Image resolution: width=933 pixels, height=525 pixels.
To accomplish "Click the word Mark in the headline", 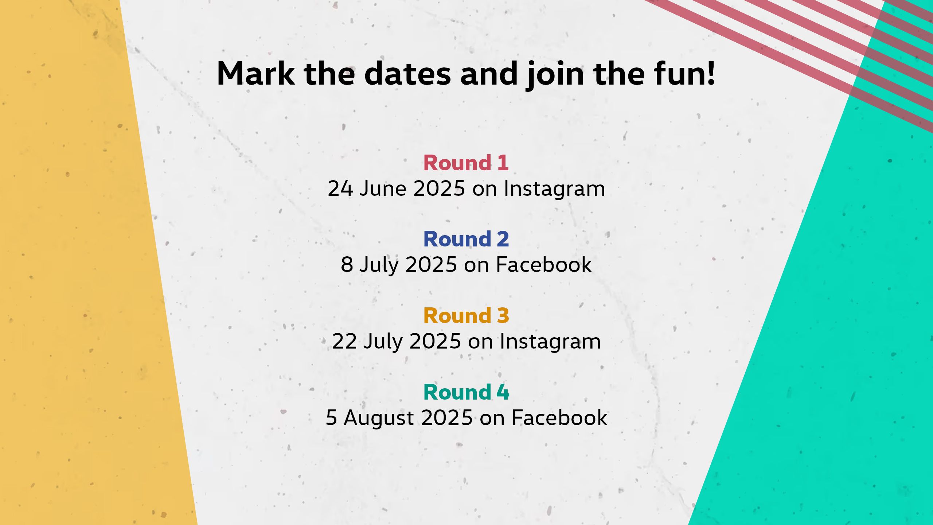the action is pyautogui.click(x=256, y=74).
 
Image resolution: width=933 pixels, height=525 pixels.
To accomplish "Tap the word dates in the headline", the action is pyautogui.click(x=407, y=74).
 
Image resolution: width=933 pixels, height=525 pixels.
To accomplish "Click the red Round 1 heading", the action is pyautogui.click(x=466, y=163).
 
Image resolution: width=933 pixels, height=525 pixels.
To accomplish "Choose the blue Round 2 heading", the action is pyautogui.click(x=466, y=239).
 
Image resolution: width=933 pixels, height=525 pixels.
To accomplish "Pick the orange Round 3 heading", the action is pyautogui.click(x=466, y=316).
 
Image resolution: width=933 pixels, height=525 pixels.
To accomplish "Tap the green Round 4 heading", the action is pyautogui.click(x=466, y=392).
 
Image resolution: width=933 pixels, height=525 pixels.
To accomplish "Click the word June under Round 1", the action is pyautogui.click(x=383, y=189).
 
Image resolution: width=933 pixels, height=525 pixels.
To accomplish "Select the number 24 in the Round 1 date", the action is pyautogui.click(x=340, y=189).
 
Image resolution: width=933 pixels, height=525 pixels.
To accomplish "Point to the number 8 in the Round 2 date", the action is pyautogui.click(x=347, y=265).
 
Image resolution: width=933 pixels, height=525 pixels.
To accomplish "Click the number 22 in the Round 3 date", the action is pyautogui.click(x=344, y=341).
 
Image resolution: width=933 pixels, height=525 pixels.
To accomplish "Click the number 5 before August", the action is pyautogui.click(x=331, y=418).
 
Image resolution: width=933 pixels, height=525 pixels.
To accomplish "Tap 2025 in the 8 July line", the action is pyautogui.click(x=431, y=265).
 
